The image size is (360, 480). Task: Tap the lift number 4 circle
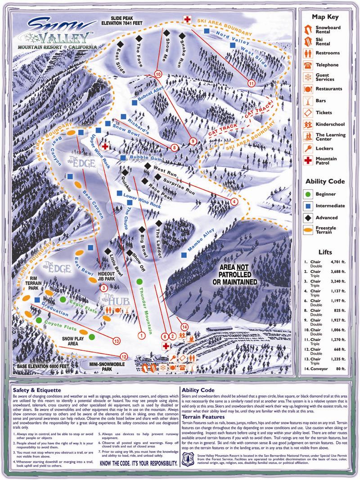pyautogui.click(x=234, y=202)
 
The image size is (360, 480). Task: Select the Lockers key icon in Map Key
pyautogui.click(x=308, y=147)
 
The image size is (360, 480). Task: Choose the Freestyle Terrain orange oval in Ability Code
pyautogui.click(x=308, y=229)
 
